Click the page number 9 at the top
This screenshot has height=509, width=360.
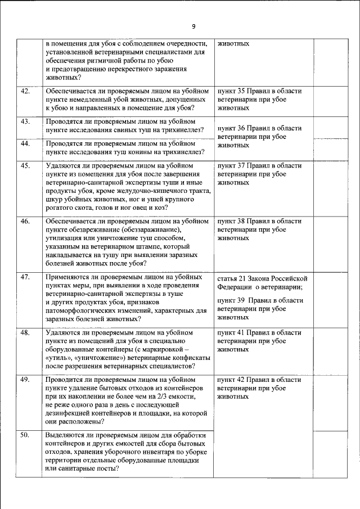193,26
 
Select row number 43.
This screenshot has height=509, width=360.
25,121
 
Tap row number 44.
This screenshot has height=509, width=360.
25,143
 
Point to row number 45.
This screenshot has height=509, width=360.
25,166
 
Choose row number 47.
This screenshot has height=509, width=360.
25,277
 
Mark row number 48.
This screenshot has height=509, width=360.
25,333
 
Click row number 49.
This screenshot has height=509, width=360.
25,380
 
